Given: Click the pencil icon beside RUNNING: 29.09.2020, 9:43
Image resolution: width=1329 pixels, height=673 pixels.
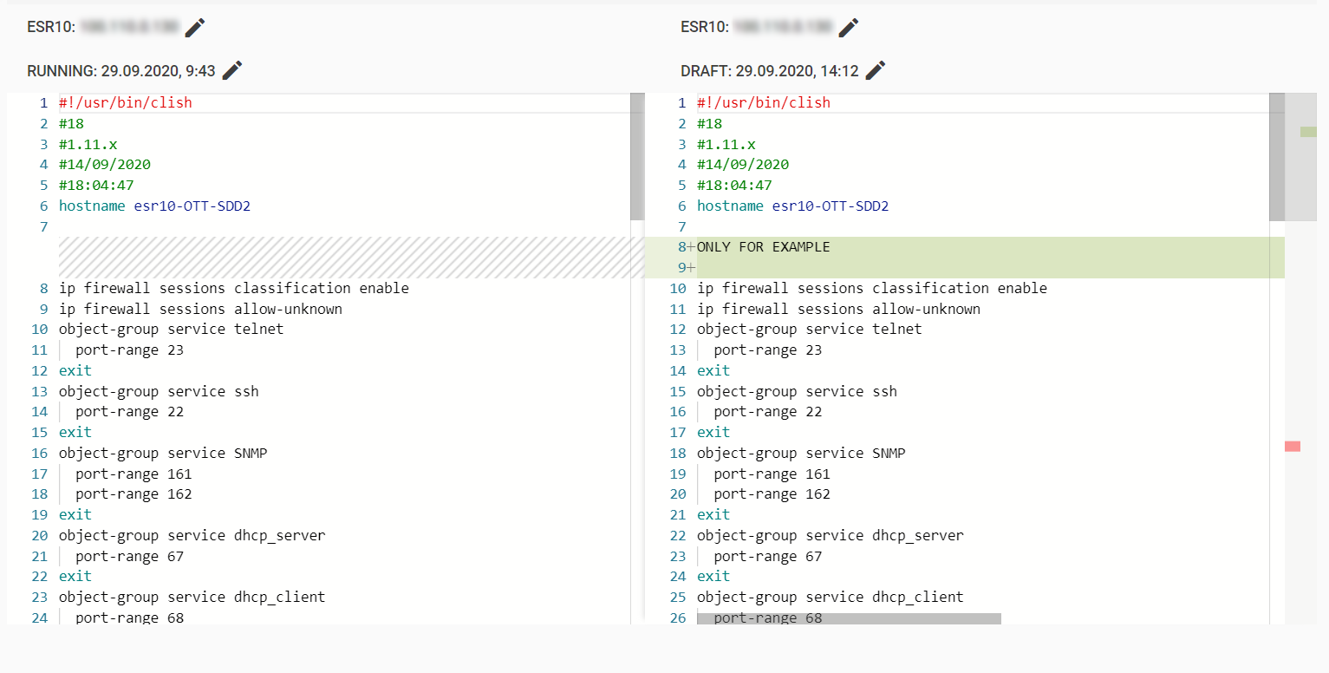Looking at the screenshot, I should click(x=232, y=70).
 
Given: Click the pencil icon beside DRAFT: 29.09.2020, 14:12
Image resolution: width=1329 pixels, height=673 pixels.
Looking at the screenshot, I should click(x=876, y=70).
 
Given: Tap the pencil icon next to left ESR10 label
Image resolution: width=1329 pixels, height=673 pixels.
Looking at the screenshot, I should click(x=195, y=27).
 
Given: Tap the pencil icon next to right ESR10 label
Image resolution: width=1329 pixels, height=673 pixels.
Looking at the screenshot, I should click(x=849, y=27).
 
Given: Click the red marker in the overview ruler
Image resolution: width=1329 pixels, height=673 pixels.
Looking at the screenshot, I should click(x=1293, y=446).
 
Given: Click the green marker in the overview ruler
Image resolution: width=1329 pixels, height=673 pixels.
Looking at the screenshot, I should click(x=1308, y=132).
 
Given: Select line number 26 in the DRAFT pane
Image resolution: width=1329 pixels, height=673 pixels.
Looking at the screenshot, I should click(x=678, y=617).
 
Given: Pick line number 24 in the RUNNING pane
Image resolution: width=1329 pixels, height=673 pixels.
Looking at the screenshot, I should click(x=40, y=617).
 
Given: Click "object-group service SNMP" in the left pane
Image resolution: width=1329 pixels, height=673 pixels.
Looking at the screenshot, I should click(x=163, y=453).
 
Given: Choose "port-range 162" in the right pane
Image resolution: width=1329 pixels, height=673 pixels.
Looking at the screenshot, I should click(x=772, y=493).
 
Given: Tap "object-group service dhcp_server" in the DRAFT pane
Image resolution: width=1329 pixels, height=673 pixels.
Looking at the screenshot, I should click(x=830, y=535).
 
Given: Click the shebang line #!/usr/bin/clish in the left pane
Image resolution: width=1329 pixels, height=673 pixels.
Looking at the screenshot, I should click(x=126, y=102).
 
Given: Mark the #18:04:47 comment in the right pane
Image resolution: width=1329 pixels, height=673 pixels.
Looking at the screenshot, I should click(x=734, y=185).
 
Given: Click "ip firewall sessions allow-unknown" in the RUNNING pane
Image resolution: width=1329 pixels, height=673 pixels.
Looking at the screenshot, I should click(x=200, y=309).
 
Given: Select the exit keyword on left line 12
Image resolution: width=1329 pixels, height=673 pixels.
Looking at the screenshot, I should click(x=75, y=370).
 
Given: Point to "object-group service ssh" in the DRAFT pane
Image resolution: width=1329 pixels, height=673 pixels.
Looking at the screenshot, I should click(x=797, y=391).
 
